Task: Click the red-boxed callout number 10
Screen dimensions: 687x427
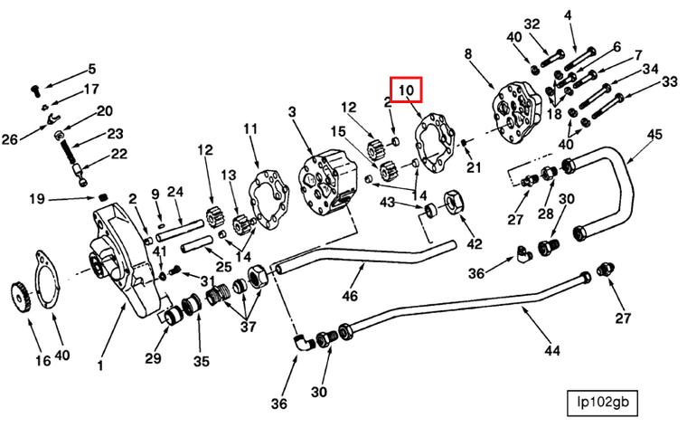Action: pos(406,90)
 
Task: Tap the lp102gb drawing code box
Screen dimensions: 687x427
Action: pos(603,402)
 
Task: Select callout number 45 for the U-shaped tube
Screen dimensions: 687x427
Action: pos(654,135)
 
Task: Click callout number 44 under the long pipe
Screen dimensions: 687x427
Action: pos(552,350)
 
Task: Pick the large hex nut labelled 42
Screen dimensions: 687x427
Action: pos(457,203)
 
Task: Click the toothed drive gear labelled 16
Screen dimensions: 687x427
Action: pos(20,298)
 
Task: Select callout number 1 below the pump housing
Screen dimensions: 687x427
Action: pos(100,365)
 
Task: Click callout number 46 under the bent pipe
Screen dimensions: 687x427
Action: pos(349,297)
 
